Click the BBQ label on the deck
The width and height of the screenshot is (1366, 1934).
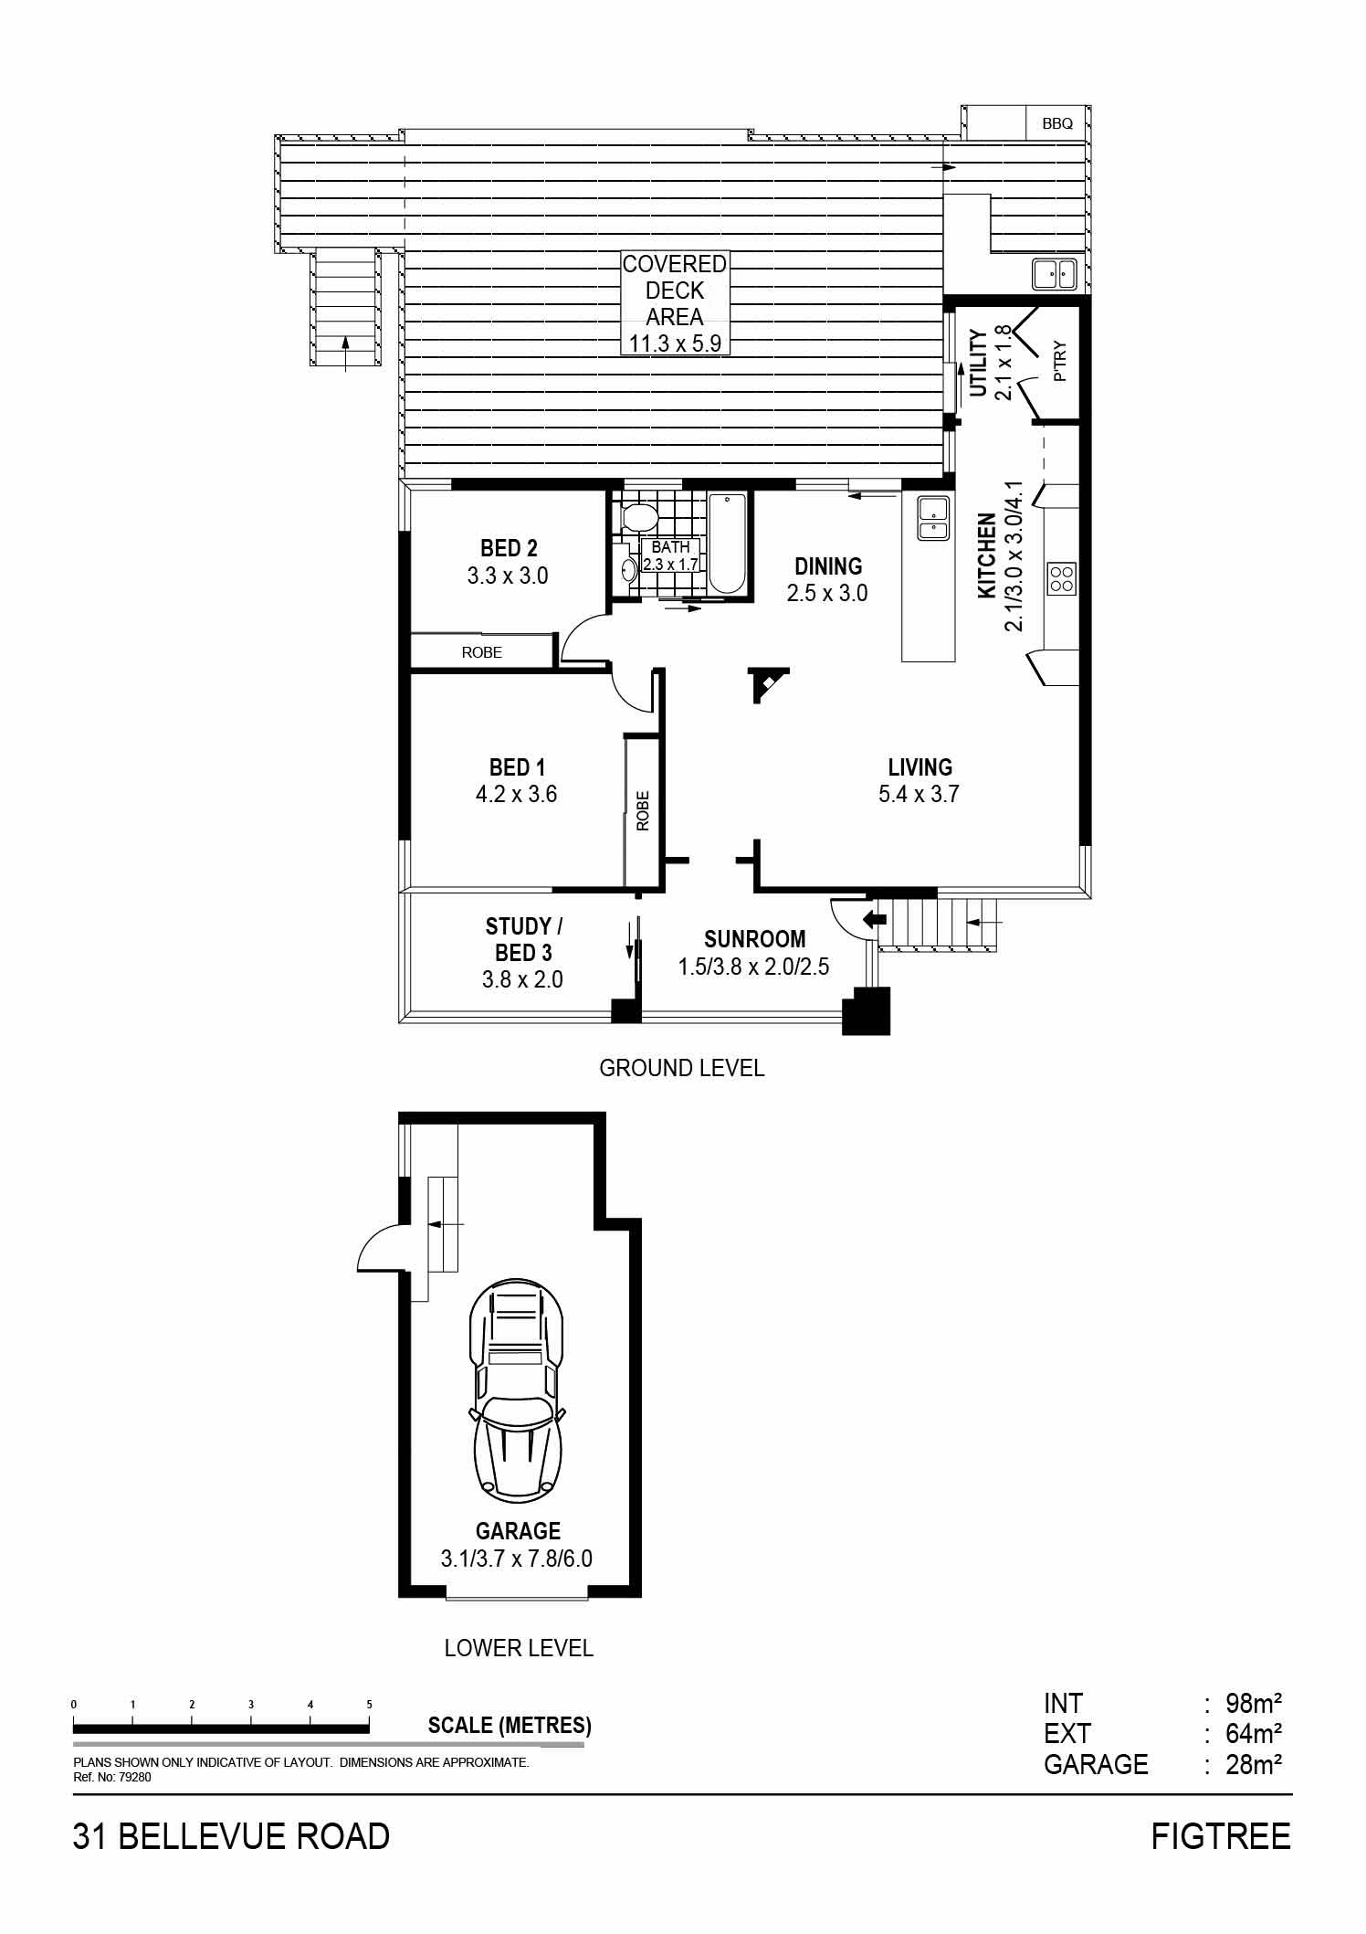pos(1057,123)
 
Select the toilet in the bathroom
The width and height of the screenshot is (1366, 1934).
pos(636,518)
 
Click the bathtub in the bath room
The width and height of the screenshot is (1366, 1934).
pos(728,543)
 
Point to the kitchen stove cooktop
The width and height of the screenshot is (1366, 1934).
pos(1062,578)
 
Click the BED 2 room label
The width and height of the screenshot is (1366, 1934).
pos(509,548)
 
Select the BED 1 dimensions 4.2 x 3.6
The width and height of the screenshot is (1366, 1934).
pos(516,794)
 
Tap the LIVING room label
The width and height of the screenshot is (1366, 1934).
pos(919,767)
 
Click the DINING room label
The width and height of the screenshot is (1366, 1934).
pos(828,566)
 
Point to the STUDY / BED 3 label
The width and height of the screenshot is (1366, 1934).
pos(523,939)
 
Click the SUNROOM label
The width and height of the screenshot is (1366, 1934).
pos(754,939)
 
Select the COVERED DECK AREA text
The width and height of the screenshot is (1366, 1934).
pos(675,291)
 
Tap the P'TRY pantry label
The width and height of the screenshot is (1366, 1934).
pos(1059,361)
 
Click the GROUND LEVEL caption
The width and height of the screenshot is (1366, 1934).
pos(681,1067)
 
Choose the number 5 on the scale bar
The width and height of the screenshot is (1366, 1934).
pos(369,1705)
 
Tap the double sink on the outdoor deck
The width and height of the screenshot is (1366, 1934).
pos(1055,273)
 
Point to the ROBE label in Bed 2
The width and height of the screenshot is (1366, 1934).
pos(481,652)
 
